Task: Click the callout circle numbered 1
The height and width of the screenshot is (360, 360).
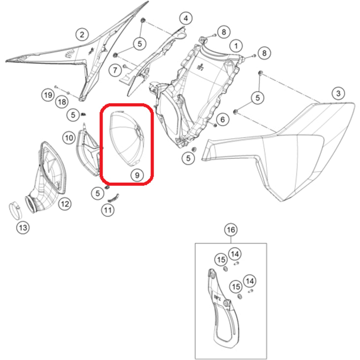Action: pyautogui.click(x=236, y=46)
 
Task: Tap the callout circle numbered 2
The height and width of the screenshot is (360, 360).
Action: pyautogui.click(x=82, y=35)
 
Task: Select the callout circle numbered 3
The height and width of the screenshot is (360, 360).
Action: pyautogui.click(x=338, y=93)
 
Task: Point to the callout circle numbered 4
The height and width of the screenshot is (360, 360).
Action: pyautogui.click(x=186, y=18)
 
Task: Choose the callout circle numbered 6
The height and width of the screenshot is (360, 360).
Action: pyautogui.click(x=222, y=119)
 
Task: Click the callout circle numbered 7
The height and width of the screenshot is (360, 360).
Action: pyautogui.click(x=115, y=70)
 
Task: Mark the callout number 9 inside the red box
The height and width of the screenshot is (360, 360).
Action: pyautogui.click(x=137, y=175)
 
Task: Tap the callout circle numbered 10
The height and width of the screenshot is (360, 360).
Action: pyautogui.click(x=69, y=138)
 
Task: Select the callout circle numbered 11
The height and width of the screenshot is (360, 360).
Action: pyautogui.click(x=108, y=210)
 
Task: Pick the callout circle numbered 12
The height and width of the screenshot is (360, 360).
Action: pyautogui.click(x=65, y=204)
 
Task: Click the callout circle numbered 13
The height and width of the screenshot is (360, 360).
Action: pyautogui.click(x=23, y=228)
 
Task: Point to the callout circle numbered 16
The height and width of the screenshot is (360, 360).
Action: pyautogui.click(x=231, y=230)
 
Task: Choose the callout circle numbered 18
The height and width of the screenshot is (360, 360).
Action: pyautogui.click(x=62, y=102)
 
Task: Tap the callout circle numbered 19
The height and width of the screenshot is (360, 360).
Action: pyautogui.click(x=48, y=95)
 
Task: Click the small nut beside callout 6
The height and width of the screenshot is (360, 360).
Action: pyautogui.click(x=215, y=125)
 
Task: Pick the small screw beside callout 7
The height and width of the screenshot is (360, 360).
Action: pyautogui.click(x=125, y=67)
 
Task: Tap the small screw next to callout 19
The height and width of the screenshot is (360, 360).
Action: pyautogui.click(x=56, y=87)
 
